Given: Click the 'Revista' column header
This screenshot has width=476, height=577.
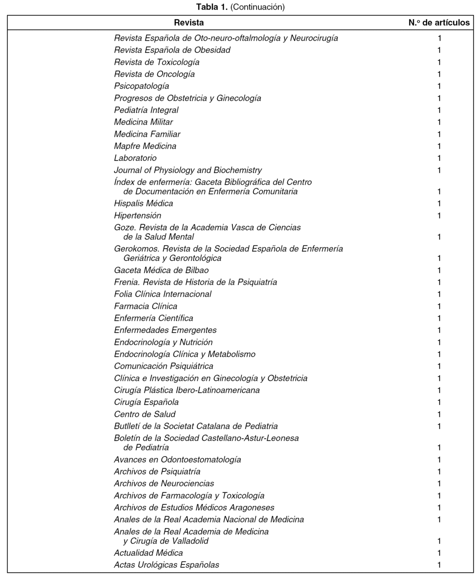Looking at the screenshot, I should [189, 22].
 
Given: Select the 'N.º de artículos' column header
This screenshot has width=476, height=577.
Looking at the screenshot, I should [439, 22].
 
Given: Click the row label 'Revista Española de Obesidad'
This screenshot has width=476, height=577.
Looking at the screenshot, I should [172, 50].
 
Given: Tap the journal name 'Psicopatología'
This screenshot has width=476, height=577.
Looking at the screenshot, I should [141, 86].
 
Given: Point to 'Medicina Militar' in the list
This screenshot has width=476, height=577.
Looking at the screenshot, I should [143, 122].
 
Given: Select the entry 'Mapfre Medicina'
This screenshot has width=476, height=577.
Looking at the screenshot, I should [145, 146].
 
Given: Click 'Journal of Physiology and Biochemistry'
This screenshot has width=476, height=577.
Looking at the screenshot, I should [188, 170].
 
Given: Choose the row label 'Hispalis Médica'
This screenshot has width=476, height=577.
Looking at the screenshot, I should [143, 203].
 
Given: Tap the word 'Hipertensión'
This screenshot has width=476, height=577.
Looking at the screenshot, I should [138, 215].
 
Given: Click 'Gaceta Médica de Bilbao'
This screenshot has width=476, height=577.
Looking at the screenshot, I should [161, 270].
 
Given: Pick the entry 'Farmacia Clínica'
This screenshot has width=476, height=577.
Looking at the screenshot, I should [145, 306].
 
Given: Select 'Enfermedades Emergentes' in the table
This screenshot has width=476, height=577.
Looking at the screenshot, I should [165, 330].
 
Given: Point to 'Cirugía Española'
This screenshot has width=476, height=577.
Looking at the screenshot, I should [146, 402].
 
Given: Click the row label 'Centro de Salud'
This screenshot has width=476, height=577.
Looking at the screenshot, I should [145, 414].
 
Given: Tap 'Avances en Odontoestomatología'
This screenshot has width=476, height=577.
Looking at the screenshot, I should [177, 459].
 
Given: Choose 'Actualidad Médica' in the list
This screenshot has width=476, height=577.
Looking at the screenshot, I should [148, 553].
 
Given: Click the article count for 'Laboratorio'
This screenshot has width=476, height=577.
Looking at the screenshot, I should [439, 158].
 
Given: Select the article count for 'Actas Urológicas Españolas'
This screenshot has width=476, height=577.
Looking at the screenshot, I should [439, 565].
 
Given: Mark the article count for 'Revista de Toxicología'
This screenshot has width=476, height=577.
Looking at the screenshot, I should [439, 62].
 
